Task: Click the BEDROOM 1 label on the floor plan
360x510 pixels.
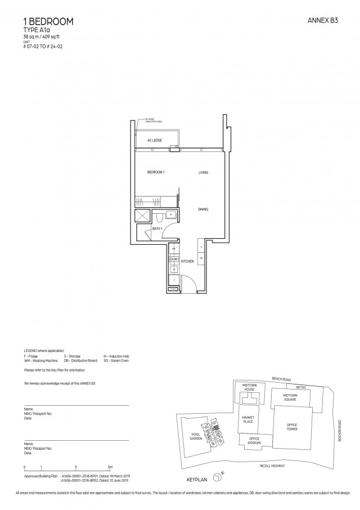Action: click(156, 172)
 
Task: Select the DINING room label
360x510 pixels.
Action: click(203, 209)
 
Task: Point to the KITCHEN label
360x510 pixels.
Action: click(187, 262)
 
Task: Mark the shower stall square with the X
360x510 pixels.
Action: click(143, 216)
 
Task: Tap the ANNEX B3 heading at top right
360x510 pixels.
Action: click(323, 20)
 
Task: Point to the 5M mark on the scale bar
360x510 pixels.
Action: click(110, 468)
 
